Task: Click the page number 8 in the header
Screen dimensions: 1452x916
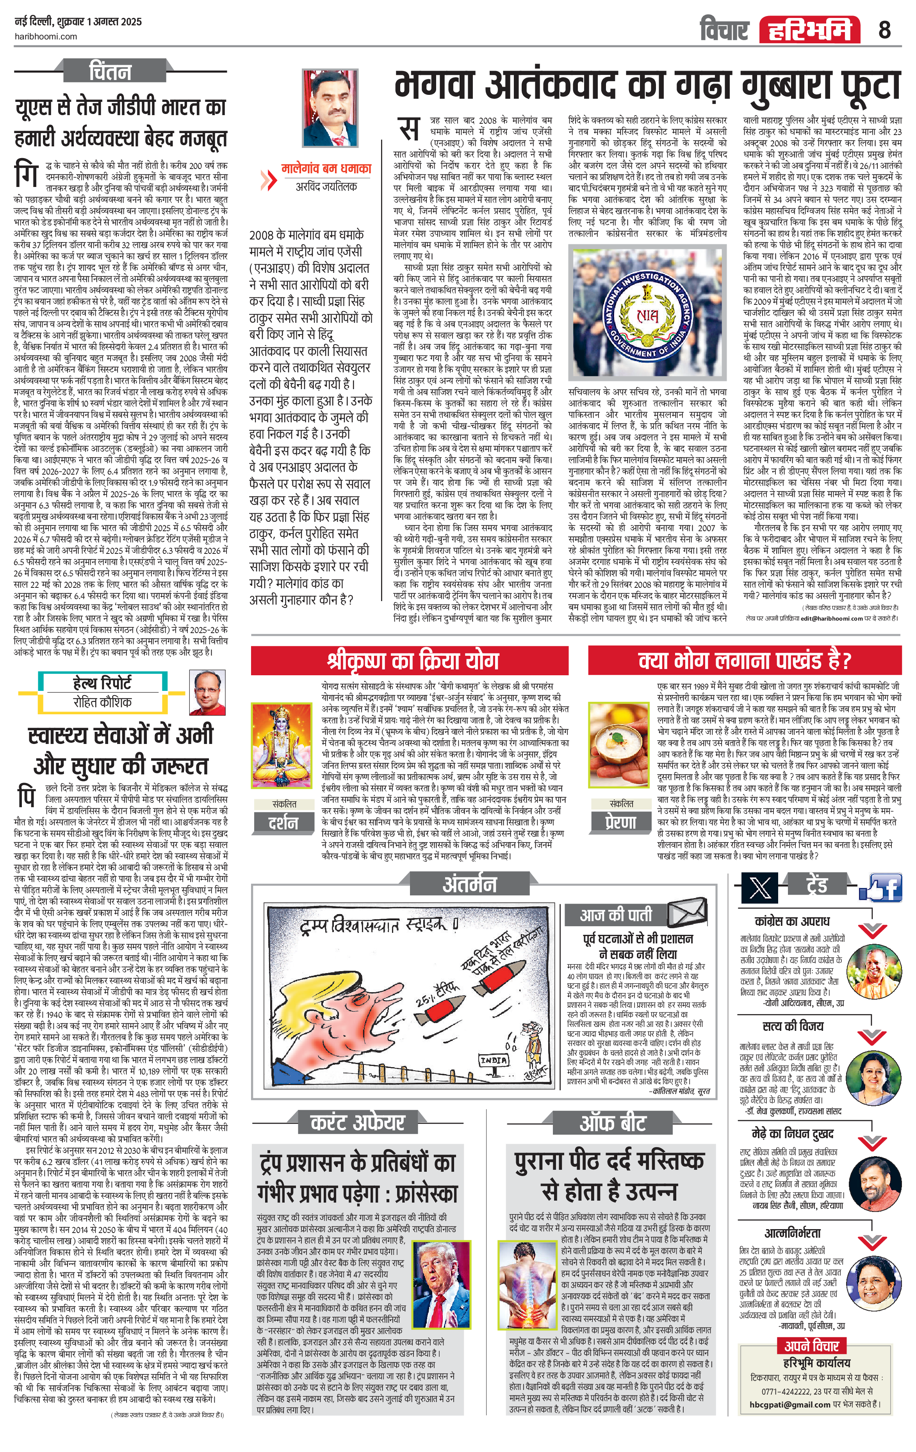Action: click(x=884, y=28)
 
